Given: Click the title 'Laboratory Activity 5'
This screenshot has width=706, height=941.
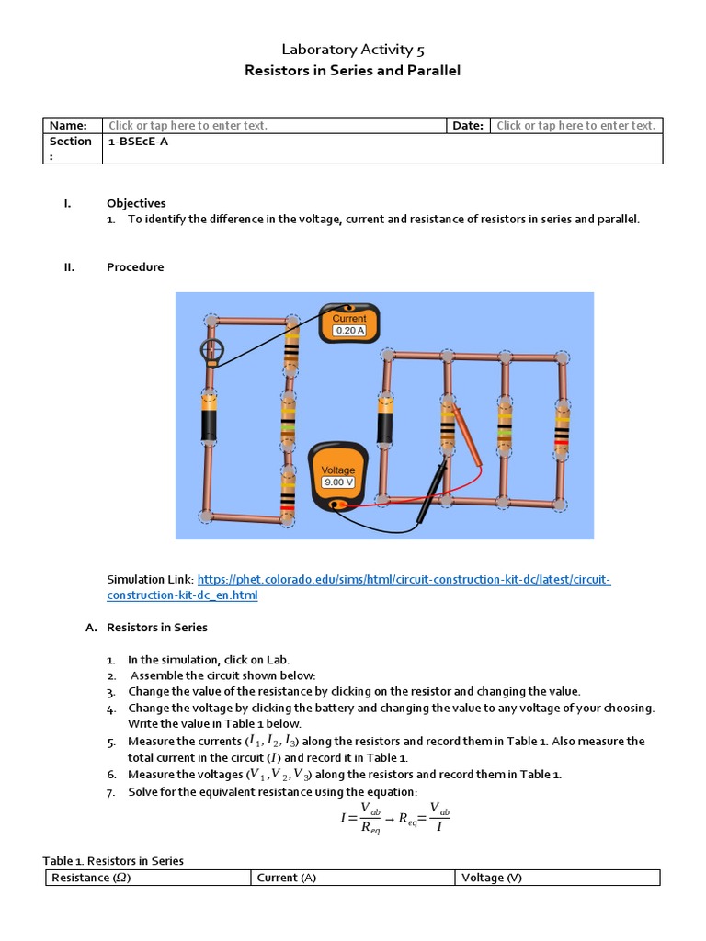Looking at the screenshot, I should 352,50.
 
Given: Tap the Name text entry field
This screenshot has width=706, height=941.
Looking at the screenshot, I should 188,126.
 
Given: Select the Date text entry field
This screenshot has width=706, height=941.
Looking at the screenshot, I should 575,126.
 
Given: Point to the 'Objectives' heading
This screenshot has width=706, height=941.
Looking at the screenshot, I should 136,203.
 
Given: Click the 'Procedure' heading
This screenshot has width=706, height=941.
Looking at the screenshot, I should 135,267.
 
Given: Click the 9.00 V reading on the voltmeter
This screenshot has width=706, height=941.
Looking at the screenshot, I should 338,482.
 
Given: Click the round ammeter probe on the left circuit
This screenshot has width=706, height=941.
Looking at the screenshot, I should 211,350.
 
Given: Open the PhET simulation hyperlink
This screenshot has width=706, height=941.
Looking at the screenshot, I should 359,587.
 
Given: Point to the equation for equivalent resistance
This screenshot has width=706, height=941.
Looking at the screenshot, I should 391,817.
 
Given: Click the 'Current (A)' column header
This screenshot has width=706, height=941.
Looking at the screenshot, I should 286,878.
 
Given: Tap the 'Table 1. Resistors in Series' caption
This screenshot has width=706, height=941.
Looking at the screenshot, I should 113,861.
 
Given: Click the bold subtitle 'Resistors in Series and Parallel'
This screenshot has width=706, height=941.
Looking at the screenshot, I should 352,71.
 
